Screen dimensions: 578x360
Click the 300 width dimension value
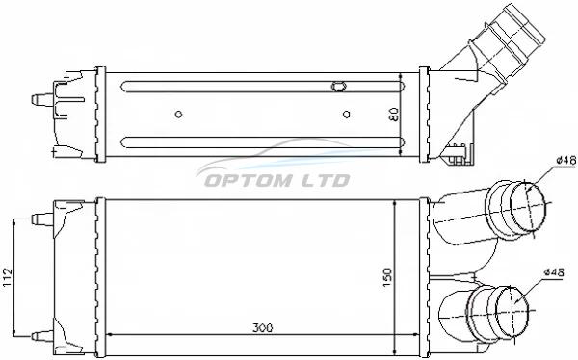tap(262, 327)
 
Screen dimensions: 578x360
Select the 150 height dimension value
tap(387, 278)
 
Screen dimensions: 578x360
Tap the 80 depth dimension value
tap(394, 115)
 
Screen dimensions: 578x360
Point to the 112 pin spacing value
tap(8, 277)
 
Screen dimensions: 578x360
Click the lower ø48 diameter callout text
tap(554, 272)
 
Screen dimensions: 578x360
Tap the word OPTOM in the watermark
tap(249, 181)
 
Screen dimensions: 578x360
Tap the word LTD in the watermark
tap(326, 181)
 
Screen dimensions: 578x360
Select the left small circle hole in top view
tap(178, 115)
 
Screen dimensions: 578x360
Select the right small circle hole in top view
tap(346, 115)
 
